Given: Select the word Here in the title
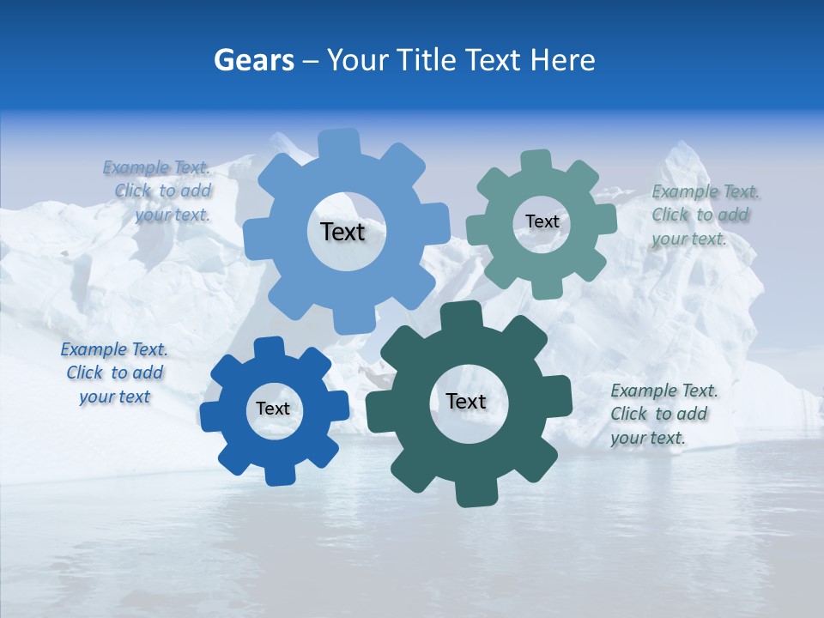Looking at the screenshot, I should coord(562,60).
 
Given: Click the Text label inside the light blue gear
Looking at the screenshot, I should coord(342,232).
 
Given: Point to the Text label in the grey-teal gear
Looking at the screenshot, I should coord(542,221).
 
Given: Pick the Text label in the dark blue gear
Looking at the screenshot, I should coord(273,409).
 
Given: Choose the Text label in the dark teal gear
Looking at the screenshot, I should coord(466,401).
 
